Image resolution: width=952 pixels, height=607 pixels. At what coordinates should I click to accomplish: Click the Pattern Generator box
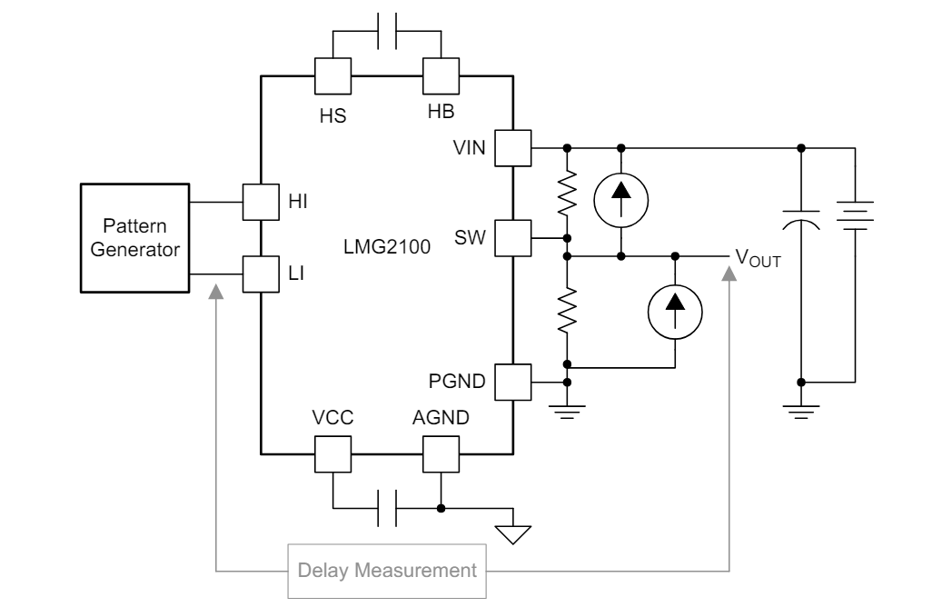(x=134, y=238)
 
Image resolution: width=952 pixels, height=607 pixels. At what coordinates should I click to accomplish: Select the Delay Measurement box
(x=388, y=572)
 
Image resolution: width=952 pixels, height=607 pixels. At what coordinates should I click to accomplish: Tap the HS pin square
(x=333, y=75)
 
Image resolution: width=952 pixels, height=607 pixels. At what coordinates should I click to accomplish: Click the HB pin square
(x=441, y=75)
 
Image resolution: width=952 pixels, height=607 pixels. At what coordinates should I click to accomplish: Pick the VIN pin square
(x=513, y=147)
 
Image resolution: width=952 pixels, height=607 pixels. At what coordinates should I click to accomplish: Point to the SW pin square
(x=513, y=238)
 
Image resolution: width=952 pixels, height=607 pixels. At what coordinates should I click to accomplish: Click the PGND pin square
(x=513, y=382)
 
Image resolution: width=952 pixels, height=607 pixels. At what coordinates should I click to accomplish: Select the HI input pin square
(x=261, y=202)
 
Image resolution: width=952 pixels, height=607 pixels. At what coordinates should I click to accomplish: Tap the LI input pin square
(x=261, y=274)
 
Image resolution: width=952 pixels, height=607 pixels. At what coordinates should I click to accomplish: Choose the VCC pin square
(x=333, y=453)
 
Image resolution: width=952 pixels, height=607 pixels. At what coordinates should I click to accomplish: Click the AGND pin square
(x=441, y=453)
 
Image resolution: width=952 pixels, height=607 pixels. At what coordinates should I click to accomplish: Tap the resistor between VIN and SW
(x=567, y=193)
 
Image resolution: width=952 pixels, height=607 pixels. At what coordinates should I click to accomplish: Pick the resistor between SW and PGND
(x=567, y=310)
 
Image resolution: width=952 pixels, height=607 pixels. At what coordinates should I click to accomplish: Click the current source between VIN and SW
(x=621, y=193)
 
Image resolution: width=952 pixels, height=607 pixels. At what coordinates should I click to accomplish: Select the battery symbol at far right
(x=856, y=219)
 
